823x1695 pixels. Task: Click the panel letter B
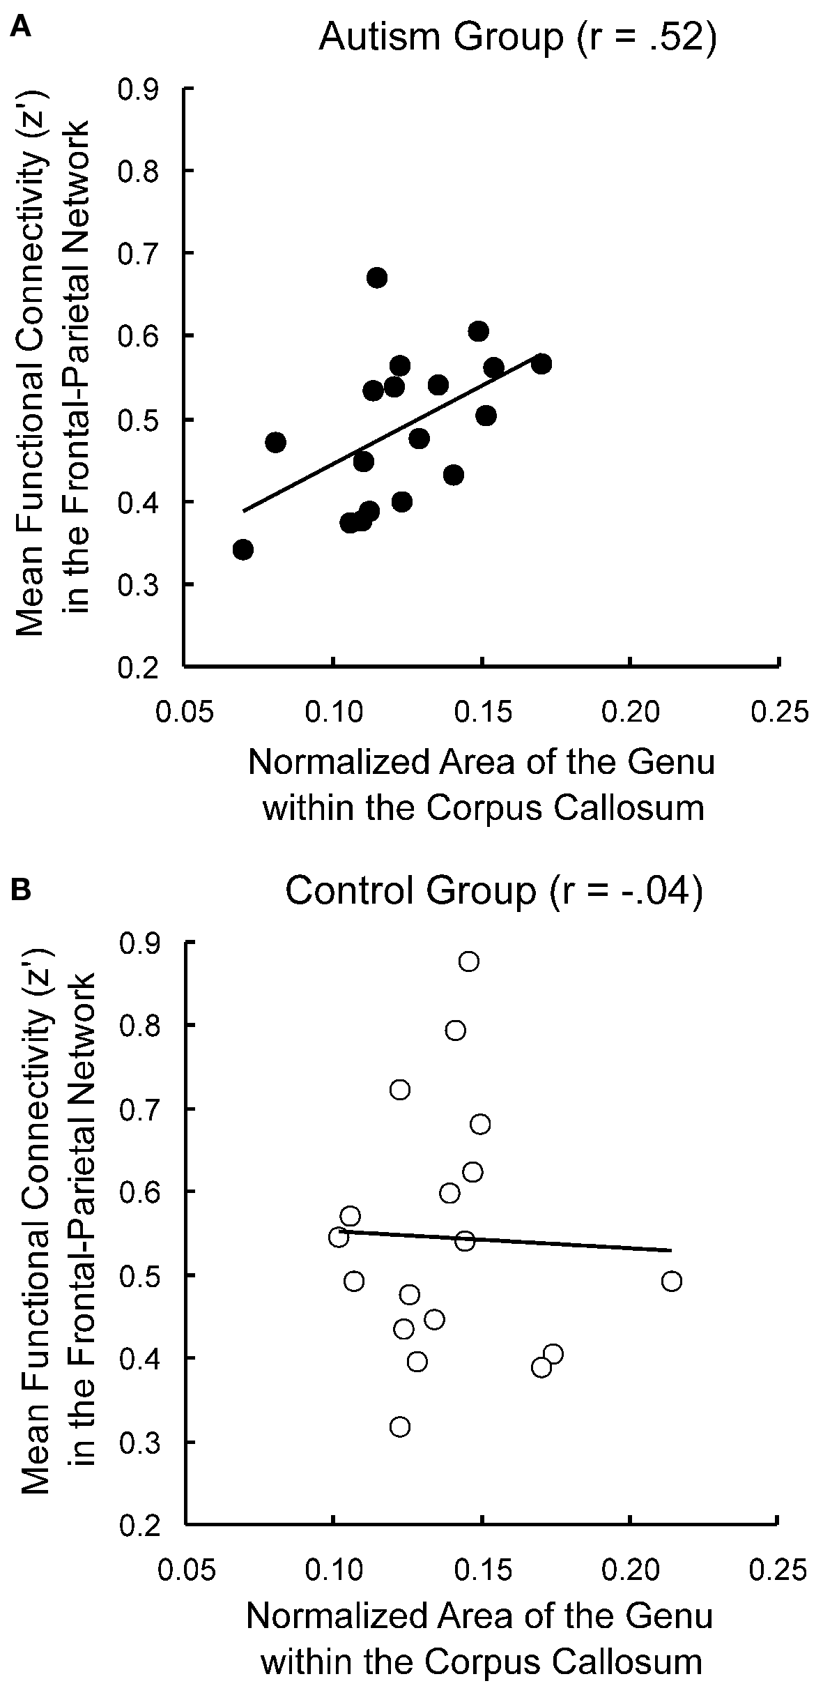click(x=22, y=892)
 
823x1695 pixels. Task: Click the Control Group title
click(x=493, y=893)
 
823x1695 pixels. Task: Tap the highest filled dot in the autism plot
click(x=377, y=278)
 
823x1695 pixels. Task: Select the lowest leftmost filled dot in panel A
click(x=243, y=549)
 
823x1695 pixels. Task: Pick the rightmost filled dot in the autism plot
click(x=541, y=364)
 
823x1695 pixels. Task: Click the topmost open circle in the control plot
click(x=469, y=961)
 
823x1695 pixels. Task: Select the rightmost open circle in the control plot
click(x=671, y=1281)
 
